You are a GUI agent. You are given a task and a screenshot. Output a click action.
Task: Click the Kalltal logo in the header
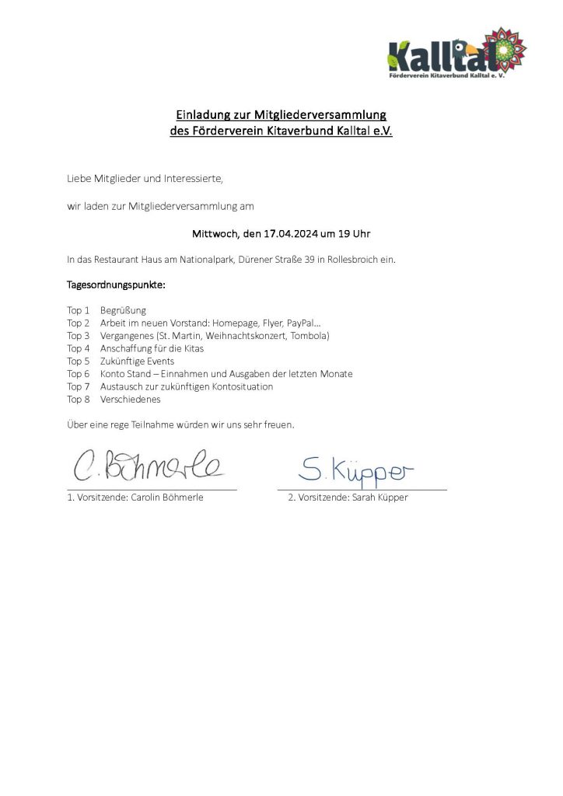pyautogui.click(x=457, y=54)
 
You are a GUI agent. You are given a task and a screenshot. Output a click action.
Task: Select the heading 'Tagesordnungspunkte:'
pyautogui.click(x=116, y=285)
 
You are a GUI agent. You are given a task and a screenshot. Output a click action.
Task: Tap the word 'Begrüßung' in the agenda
pyautogui.click(x=123, y=310)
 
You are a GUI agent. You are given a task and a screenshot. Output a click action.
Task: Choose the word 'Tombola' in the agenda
pyautogui.click(x=309, y=336)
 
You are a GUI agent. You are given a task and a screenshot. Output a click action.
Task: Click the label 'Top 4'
pyautogui.click(x=79, y=348)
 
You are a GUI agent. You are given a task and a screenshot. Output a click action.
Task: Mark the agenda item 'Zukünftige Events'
pyautogui.click(x=138, y=361)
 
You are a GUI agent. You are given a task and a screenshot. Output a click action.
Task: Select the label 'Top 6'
pyautogui.click(x=79, y=374)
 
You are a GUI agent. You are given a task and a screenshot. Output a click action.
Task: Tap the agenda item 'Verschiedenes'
pyautogui.click(x=131, y=399)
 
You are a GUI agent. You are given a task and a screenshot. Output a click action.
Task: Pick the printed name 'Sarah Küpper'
pyautogui.click(x=379, y=497)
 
